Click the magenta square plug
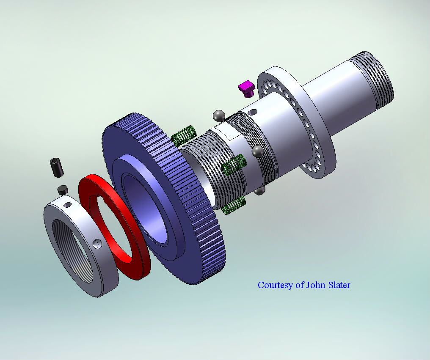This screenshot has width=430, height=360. click(247, 88)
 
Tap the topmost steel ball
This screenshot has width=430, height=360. click(219, 116)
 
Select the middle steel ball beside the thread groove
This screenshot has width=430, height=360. click(257, 151)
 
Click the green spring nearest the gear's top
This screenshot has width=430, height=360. click(184, 135)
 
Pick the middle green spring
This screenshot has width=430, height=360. click(234, 164)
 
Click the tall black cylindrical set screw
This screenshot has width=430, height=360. click(57, 167)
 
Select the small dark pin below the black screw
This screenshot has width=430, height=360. click(63, 190)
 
